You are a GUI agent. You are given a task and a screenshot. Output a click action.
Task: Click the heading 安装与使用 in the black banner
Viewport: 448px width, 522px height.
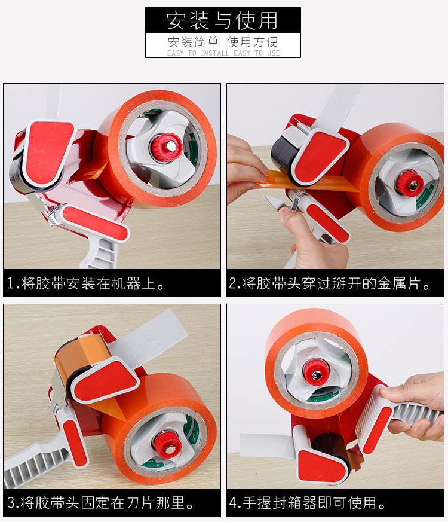click(x=222, y=20)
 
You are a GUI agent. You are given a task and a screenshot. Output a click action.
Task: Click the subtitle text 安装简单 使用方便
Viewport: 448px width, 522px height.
click(x=222, y=42)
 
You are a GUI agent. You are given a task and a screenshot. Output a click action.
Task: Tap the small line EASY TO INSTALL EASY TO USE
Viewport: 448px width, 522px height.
click(x=223, y=53)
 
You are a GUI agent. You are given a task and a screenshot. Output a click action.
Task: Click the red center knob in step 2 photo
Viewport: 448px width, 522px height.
click(x=409, y=182)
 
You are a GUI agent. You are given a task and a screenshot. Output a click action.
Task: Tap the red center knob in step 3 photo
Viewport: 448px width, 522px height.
click(x=163, y=443)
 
